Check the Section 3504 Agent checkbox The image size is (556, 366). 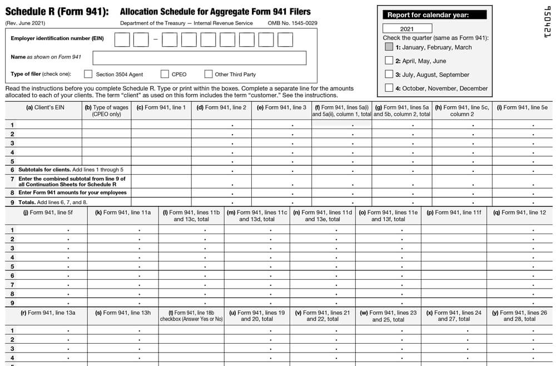88,74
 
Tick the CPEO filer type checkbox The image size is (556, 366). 165,74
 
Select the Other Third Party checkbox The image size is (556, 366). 209,74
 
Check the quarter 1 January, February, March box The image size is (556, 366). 389,47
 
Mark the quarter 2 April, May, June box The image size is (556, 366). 389,61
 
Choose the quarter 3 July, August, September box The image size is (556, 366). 389,74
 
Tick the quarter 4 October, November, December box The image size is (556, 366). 389,88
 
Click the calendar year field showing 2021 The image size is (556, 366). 407,28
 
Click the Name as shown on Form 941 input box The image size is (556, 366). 199,58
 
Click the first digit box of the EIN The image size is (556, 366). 122,39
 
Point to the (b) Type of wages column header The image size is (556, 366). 106,111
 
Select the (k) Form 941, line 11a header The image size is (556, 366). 123,212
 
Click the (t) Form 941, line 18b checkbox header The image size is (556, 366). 191,316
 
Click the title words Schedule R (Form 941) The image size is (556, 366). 57,12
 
